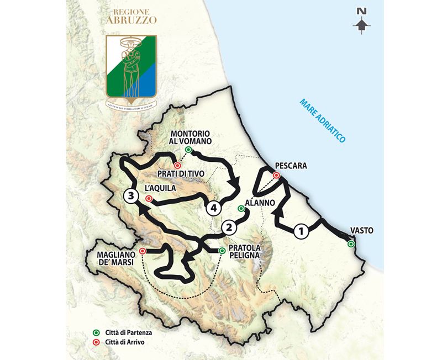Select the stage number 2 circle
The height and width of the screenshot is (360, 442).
(229, 227)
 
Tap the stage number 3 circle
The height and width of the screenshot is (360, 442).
(130, 196)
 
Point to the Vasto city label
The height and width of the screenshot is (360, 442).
(361, 231)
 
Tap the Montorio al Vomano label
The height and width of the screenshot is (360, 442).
(190, 137)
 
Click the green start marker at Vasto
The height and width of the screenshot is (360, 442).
(350, 243)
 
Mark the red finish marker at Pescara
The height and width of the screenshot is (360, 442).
(276, 176)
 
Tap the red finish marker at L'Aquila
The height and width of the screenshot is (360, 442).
(149, 198)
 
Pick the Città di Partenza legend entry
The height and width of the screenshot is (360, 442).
(125, 333)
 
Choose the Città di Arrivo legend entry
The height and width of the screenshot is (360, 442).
(122, 342)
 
